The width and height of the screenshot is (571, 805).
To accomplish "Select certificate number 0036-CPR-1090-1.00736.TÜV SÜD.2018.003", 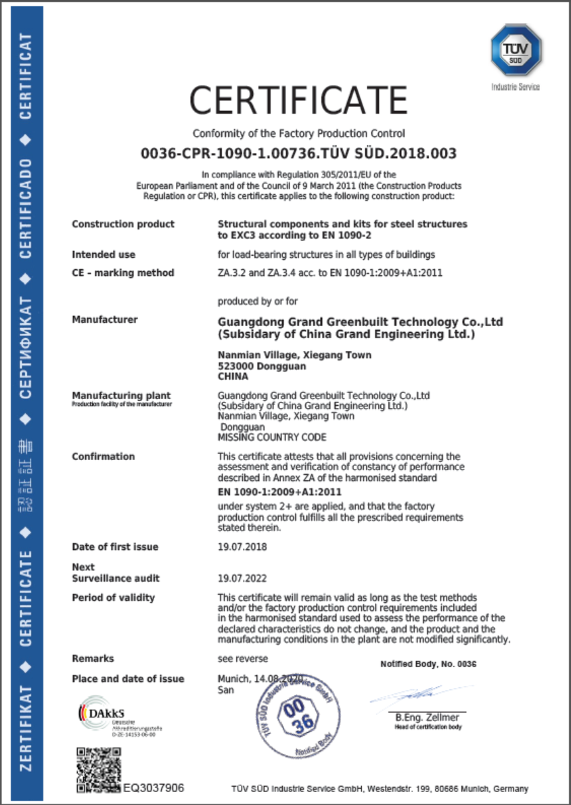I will [x=298, y=154].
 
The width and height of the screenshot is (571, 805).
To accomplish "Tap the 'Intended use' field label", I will [x=104, y=255].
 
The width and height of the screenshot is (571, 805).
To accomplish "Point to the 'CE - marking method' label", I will [x=123, y=273].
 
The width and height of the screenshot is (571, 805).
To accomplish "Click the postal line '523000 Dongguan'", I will [x=262, y=366].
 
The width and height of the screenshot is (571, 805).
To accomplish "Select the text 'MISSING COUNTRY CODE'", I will [x=272, y=438].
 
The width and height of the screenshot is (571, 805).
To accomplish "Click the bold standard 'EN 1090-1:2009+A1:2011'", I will [x=279, y=492].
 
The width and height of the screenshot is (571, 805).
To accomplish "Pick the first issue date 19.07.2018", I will [x=242, y=547].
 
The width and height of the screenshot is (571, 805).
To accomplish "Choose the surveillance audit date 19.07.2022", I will [x=242, y=578].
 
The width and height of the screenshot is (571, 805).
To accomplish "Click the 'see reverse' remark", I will [x=242, y=659].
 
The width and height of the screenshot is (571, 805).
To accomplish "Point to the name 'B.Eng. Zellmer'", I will [x=427, y=718].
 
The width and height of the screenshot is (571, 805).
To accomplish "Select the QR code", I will [x=99, y=770].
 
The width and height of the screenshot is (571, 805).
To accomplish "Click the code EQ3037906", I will [x=154, y=788].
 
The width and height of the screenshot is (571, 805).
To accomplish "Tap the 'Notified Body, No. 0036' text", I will [x=428, y=664].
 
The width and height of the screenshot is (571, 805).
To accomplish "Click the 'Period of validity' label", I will [x=113, y=598].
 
